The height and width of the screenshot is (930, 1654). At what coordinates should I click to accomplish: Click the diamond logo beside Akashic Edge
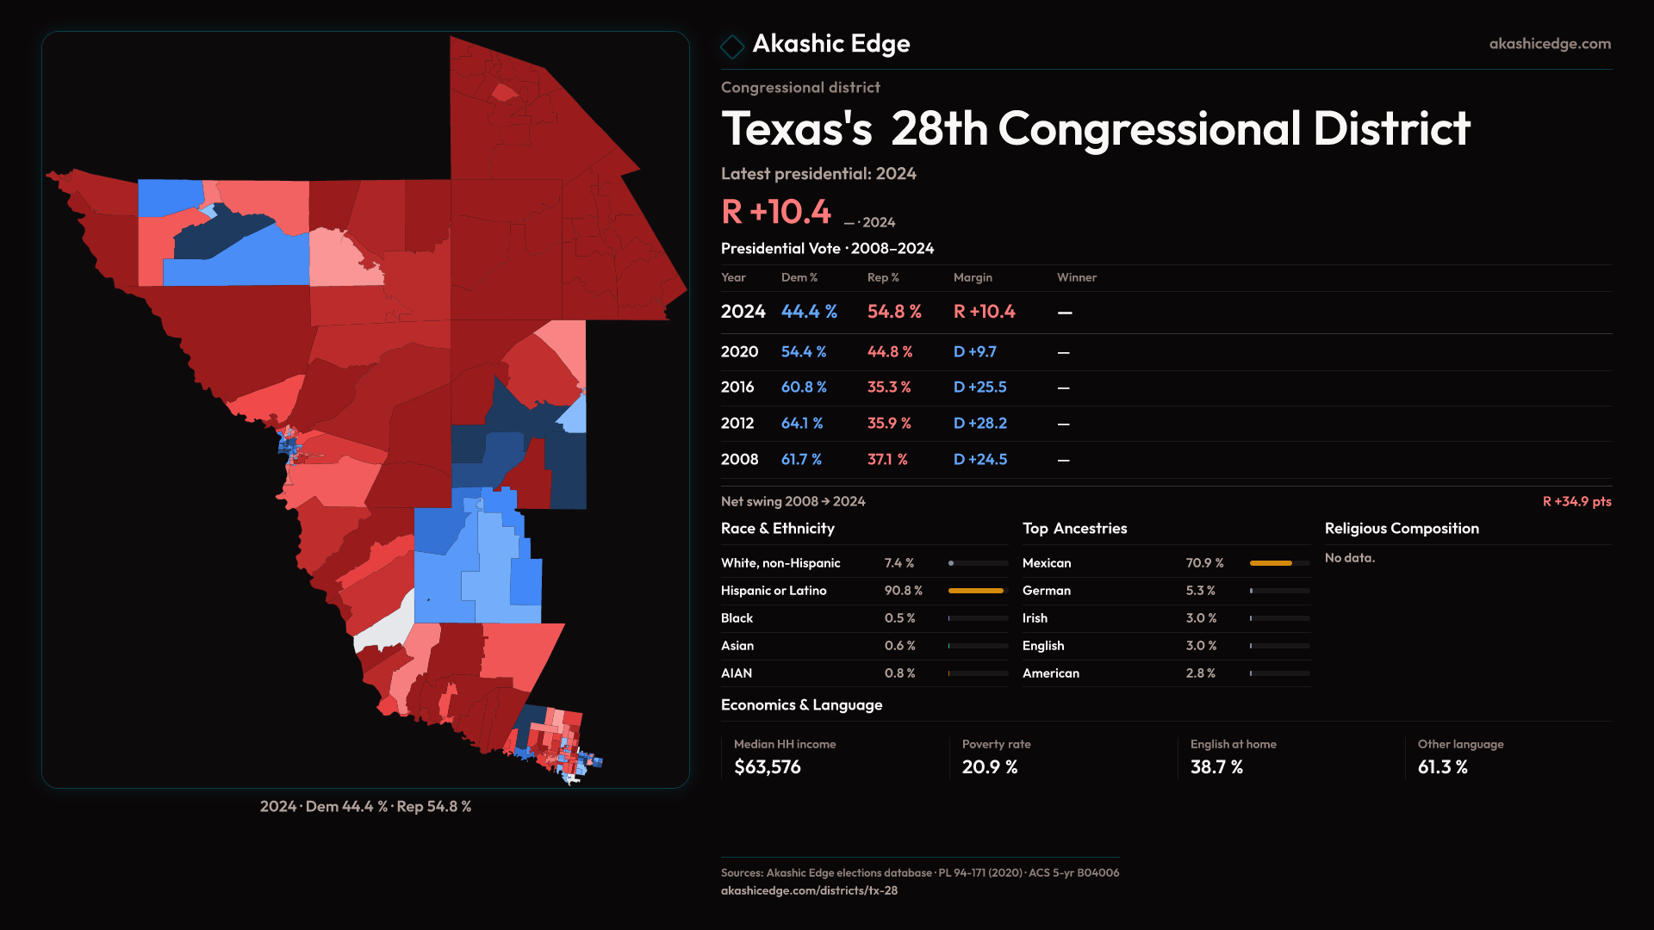[x=732, y=46]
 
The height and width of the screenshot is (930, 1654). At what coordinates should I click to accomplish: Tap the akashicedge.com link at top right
[x=1550, y=44]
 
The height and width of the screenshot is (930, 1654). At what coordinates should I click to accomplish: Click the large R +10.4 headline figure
[x=776, y=212]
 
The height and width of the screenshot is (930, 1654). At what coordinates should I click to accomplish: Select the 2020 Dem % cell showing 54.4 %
[x=804, y=352]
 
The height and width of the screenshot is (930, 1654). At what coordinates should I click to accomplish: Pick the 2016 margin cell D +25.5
[x=979, y=387]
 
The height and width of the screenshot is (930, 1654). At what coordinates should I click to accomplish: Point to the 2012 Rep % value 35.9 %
[x=888, y=424]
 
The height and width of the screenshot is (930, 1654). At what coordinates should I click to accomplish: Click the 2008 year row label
[x=739, y=460]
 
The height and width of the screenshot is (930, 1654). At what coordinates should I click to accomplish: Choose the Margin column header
[x=973, y=277]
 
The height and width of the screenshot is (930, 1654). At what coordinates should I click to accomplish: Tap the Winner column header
[x=1077, y=277]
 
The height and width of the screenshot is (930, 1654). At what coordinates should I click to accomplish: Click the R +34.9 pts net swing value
[x=1576, y=501]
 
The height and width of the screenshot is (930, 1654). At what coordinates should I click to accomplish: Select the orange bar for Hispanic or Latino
[x=976, y=591]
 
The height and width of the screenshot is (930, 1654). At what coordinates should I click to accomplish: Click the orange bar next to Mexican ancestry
[x=1271, y=563]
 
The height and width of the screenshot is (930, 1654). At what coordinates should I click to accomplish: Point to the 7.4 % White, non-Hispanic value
[x=899, y=563]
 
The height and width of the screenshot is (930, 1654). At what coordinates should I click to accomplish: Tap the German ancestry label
[x=1047, y=591]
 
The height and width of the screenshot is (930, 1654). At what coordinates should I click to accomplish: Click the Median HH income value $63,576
[x=767, y=767]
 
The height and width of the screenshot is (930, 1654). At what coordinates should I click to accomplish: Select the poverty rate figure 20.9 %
[x=990, y=767]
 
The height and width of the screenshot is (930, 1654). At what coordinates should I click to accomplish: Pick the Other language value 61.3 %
[x=1443, y=767]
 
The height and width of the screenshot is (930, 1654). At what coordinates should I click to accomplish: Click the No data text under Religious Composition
[x=1350, y=558]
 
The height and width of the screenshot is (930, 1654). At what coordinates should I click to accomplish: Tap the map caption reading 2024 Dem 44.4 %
[x=365, y=807]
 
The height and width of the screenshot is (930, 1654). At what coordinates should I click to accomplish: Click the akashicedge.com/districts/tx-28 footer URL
[x=809, y=890]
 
